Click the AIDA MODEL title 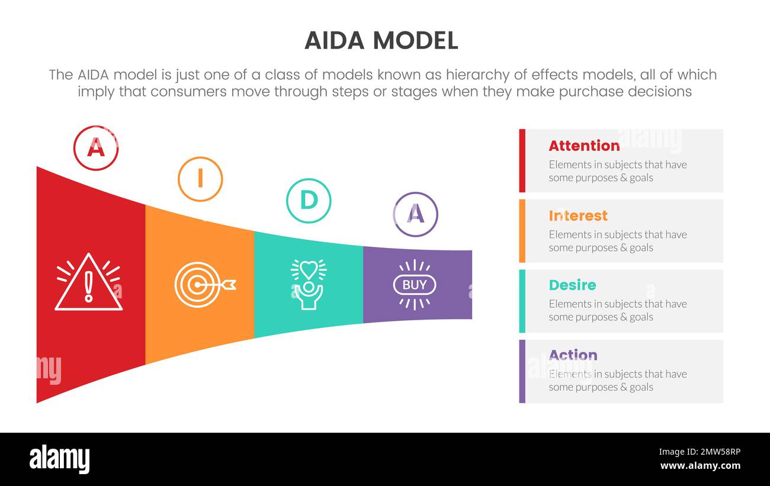pyautogui.click(x=381, y=40)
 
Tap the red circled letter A pyautogui.click(x=96, y=148)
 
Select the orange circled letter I pyautogui.click(x=200, y=179)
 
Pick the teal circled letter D pyautogui.click(x=309, y=201)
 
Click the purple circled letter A pyautogui.click(x=416, y=214)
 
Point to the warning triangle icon pyautogui.click(x=89, y=282)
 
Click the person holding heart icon pyautogui.click(x=308, y=284)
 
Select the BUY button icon pyautogui.click(x=415, y=285)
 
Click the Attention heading pyautogui.click(x=584, y=146)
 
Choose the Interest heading pyautogui.click(x=578, y=215)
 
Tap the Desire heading pyautogui.click(x=572, y=285)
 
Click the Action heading pyautogui.click(x=573, y=355)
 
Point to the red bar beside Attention pyautogui.click(x=522, y=160)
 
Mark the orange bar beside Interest pyautogui.click(x=522, y=231)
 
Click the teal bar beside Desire pyautogui.click(x=522, y=301)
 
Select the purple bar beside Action pyautogui.click(x=522, y=371)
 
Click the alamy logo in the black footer pyautogui.click(x=60, y=459)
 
